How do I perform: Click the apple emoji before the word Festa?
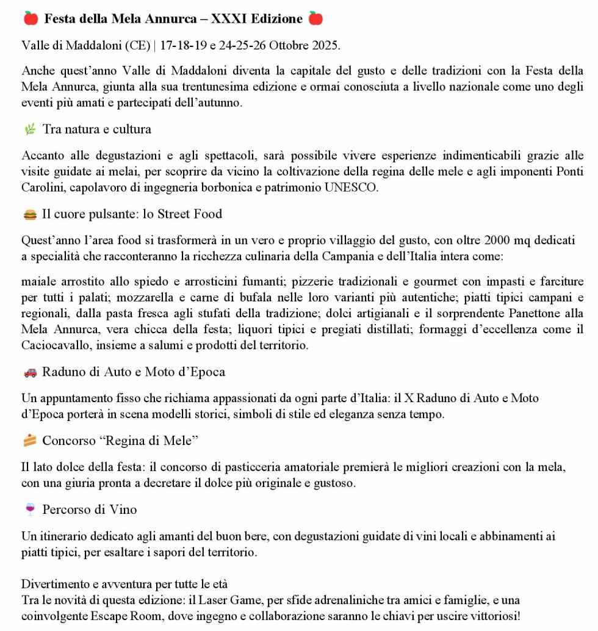click(31, 19)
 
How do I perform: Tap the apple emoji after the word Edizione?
click(315, 19)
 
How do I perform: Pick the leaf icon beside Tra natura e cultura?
click(30, 129)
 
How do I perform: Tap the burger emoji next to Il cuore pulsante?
click(30, 214)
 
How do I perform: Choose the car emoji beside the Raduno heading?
click(30, 372)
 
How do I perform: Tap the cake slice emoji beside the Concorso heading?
click(30, 441)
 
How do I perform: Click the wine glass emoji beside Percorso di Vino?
click(30, 509)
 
